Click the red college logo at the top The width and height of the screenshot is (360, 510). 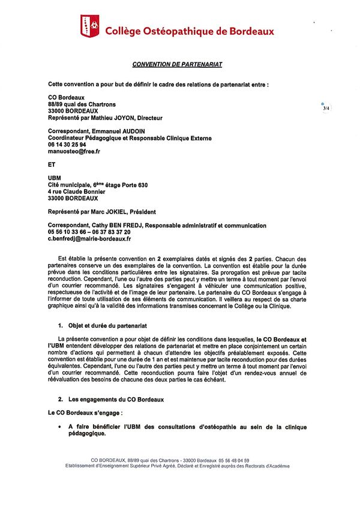[x=91, y=26]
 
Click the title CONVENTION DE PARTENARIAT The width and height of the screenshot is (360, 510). [x=180, y=64]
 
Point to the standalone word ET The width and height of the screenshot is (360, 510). [x=52, y=163]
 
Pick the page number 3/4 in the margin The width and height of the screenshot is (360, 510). [x=326, y=109]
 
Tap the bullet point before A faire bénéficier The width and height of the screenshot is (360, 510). [x=59, y=427]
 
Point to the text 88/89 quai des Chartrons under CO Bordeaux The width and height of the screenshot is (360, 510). [x=82, y=104]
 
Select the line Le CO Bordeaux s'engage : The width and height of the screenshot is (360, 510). [x=85, y=413]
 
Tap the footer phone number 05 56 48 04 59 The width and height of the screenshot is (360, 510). [x=232, y=460]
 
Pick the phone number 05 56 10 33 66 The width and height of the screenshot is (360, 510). [x=67, y=232]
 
